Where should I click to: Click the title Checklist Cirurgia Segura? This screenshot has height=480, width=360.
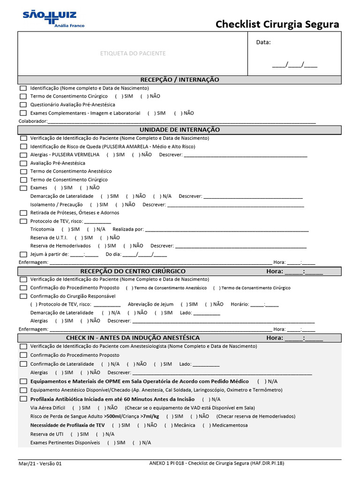tap(277, 24)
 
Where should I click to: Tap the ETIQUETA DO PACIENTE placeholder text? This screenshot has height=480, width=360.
tap(133, 53)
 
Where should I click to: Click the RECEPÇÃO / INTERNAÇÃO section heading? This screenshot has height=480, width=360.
tap(180, 80)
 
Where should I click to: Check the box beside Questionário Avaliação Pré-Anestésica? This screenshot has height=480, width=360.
tap(23, 105)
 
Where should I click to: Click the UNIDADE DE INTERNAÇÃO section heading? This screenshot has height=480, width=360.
tap(180, 129)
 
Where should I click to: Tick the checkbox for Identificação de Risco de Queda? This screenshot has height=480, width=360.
tap(23, 147)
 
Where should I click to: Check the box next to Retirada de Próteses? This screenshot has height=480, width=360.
tap(23, 213)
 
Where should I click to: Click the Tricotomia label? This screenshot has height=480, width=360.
tap(42, 229)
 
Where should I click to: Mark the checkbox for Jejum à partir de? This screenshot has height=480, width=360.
tap(23, 254)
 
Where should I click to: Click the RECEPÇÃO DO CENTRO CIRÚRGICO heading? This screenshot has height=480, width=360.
tap(133, 271)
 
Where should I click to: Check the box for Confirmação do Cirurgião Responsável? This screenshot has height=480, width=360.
tap(23, 296)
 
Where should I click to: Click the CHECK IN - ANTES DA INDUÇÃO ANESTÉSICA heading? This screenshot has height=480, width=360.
tap(133, 338)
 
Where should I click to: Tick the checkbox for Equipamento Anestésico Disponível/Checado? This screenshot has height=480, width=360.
tap(23, 390)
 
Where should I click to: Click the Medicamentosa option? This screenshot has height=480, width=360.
tap(230, 426)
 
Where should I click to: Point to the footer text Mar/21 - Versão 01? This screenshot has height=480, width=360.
tap(40, 464)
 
